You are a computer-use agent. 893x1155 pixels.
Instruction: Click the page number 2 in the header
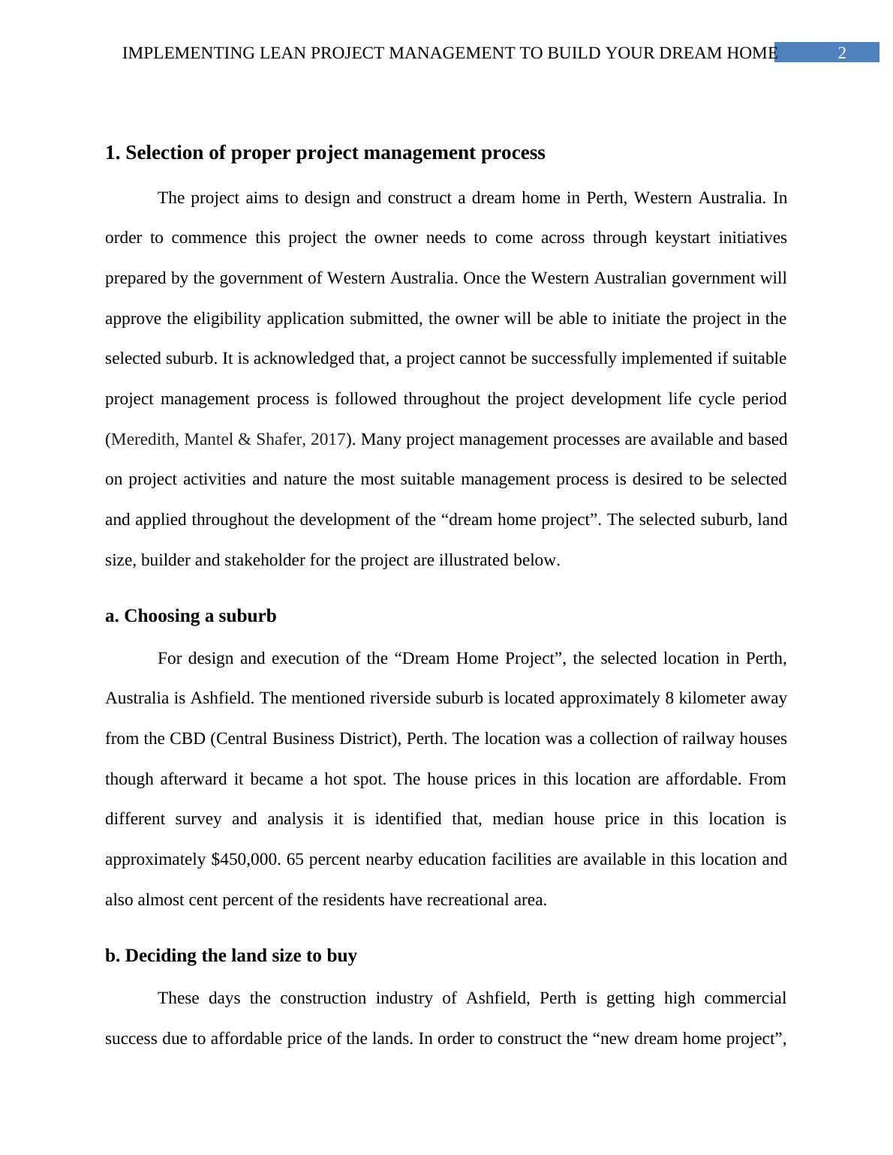pyautogui.click(x=842, y=53)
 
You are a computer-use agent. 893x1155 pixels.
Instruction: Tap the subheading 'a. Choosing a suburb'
pyautogui.click(x=191, y=616)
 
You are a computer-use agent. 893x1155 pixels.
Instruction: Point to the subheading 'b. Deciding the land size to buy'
pyautogui.click(x=231, y=955)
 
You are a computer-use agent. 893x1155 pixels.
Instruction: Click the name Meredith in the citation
pyautogui.click(x=144, y=439)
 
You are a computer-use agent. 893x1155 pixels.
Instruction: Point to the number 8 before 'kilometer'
pyautogui.click(x=669, y=698)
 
